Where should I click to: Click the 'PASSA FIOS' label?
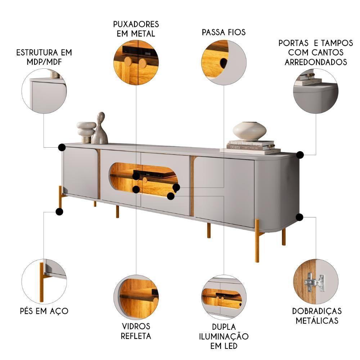tap(224, 32)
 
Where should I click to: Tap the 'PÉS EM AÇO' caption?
tap(44, 311)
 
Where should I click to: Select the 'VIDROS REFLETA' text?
tap(136, 331)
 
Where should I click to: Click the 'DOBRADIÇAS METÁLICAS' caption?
tap(317, 316)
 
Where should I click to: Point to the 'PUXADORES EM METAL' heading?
tap(136, 29)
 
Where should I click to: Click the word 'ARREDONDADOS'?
tap(316, 62)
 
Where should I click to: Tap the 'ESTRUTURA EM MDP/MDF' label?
tap(44, 57)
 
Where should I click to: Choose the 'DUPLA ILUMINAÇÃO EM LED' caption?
tap(224, 336)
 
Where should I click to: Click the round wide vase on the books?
tap(249, 131)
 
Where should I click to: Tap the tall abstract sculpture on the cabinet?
tap(100, 129)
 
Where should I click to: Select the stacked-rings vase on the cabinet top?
tap(86, 132)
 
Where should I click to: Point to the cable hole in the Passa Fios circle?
tap(223, 62)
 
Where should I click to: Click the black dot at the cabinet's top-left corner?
tap(62, 147)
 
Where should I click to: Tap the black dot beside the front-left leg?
tap(59, 211)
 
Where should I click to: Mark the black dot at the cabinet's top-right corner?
tap(300, 155)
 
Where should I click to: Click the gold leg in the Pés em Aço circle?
tap(41, 282)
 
